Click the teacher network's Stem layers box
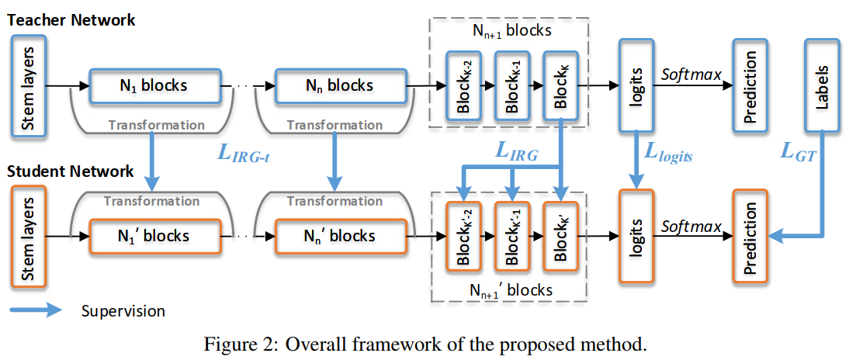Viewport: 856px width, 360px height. [x=29, y=85]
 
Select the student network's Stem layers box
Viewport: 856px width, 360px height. [x=29, y=236]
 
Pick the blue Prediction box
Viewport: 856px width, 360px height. [x=750, y=85]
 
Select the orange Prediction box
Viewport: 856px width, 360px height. [x=750, y=236]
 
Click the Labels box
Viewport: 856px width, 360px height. [x=823, y=85]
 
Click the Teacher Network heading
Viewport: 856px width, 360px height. [x=71, y=21]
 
